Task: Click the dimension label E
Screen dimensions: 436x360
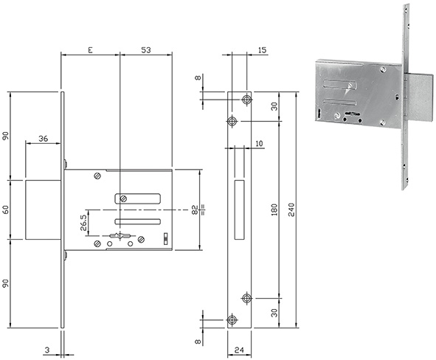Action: (x=90, y=50)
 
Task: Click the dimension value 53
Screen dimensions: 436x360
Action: (x=146, y=50)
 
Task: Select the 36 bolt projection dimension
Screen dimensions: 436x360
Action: (x=43, y=139)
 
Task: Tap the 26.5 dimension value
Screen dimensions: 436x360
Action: (x=83, y=222)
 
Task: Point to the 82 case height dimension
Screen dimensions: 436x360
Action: (x=195, y=210)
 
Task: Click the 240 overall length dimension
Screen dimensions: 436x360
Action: (x=291, y=210)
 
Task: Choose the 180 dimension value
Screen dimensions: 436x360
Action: (x=274, y=210)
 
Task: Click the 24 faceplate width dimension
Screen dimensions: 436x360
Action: (x=239, y=350)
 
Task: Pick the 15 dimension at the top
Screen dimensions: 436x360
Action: (x=262, y=50)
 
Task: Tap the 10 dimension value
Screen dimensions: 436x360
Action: (x=259, y=144)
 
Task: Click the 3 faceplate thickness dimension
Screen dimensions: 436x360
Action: (x=47, y=350)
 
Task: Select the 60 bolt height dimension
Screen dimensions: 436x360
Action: (x=6, y=210)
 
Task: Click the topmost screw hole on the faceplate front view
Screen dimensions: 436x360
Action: (x=246, y=100)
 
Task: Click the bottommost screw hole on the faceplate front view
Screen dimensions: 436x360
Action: (x=232, y=319)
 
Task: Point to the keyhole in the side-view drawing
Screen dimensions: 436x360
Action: (x=120, y=236)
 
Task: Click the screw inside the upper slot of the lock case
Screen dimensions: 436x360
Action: (x=123, y=198)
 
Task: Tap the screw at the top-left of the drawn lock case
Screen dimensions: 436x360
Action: (x=97, y=176)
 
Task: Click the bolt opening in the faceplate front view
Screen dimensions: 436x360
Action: (x=240, y=210)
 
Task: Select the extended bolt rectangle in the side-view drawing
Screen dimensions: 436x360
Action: (x=43, y=210)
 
